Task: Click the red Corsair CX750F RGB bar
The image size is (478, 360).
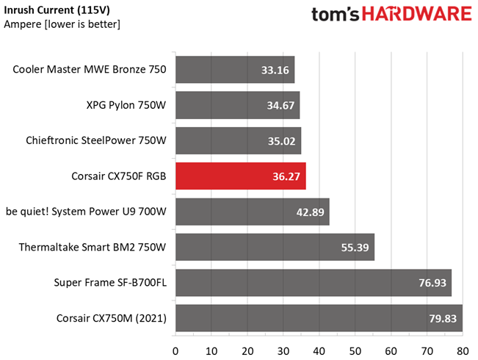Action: pyautogui.click(x=241, y=176)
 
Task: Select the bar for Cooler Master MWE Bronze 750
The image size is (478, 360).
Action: pyautogui.click(x=235, y=70)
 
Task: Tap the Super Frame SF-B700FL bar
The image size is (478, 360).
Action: pyautogui.click(x=314, y=283)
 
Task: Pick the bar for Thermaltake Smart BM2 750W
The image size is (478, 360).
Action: pyautogui.click(x=275, y=247)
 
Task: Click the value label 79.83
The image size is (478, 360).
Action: pyautogui.click(x=443, y=319)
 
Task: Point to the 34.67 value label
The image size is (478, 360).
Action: pyautogui.click(x=280, y=106)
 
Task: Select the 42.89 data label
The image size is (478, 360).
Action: pyautogui.click(x=311, y=212)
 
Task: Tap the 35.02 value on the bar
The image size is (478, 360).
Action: pyautogui.click(x=282, y=141)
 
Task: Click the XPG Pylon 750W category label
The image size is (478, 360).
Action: pyautogui.click(x=126, y=105)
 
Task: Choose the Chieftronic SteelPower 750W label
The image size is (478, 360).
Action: pyautogui.click(x=96, y=140)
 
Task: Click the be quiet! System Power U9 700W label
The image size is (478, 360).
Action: pyautogui.click(x=86, y=212)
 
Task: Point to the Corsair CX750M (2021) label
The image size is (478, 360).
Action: pyautogui.click(x=112, y=318)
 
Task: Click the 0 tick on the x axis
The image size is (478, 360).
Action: pyautogui.click(x=175, y=351)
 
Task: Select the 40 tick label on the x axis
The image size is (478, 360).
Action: pyautogui.click(x=319, y=351)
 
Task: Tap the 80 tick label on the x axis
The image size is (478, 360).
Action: pyautogui.click(x=463, y=351)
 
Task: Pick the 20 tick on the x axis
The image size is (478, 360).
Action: pyautogui.click(x=247, y=351)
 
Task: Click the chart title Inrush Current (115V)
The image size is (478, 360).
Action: pyautogui.click(x=57, y=10)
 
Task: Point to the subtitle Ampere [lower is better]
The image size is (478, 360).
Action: pyautogui.click(x=62, y=24)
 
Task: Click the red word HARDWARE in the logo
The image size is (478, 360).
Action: pyautogui.click(x=417, y=15)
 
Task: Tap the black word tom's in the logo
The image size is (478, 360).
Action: pyautogui.click(x=336, y=15)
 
